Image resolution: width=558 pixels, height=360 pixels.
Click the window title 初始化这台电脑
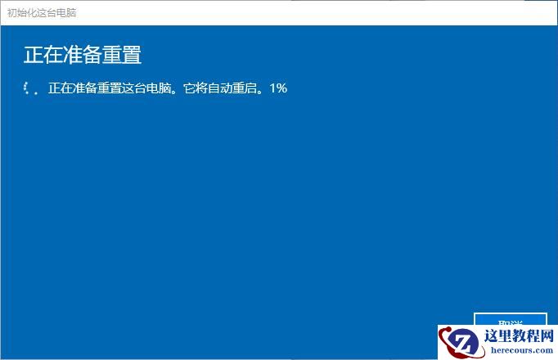tap(42, 13)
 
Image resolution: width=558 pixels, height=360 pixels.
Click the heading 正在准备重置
tap(83, 55)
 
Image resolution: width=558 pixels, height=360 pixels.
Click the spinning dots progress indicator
tap(31, 88)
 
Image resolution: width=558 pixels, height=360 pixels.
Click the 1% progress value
tap(278, 88)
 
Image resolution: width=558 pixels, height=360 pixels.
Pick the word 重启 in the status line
tap(256, 88)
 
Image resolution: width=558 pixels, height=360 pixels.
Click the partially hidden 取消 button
tap(510, 320)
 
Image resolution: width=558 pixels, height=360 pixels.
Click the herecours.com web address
tap(520, 350)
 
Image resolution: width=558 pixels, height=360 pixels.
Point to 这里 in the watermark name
tap(499, 335)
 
